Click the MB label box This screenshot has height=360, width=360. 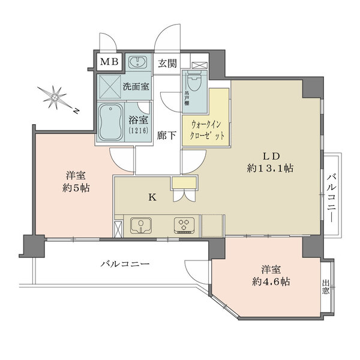point(109,62)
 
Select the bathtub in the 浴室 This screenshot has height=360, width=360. point(110,122)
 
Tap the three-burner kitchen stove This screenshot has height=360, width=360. point(183,225)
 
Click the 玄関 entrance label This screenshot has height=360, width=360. point(168,62)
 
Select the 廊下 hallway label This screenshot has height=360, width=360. point(167,136)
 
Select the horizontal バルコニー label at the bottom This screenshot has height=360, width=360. point(125,264)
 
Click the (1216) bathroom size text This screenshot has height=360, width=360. point(138,130)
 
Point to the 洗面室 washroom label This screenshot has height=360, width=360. point(136,86)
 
